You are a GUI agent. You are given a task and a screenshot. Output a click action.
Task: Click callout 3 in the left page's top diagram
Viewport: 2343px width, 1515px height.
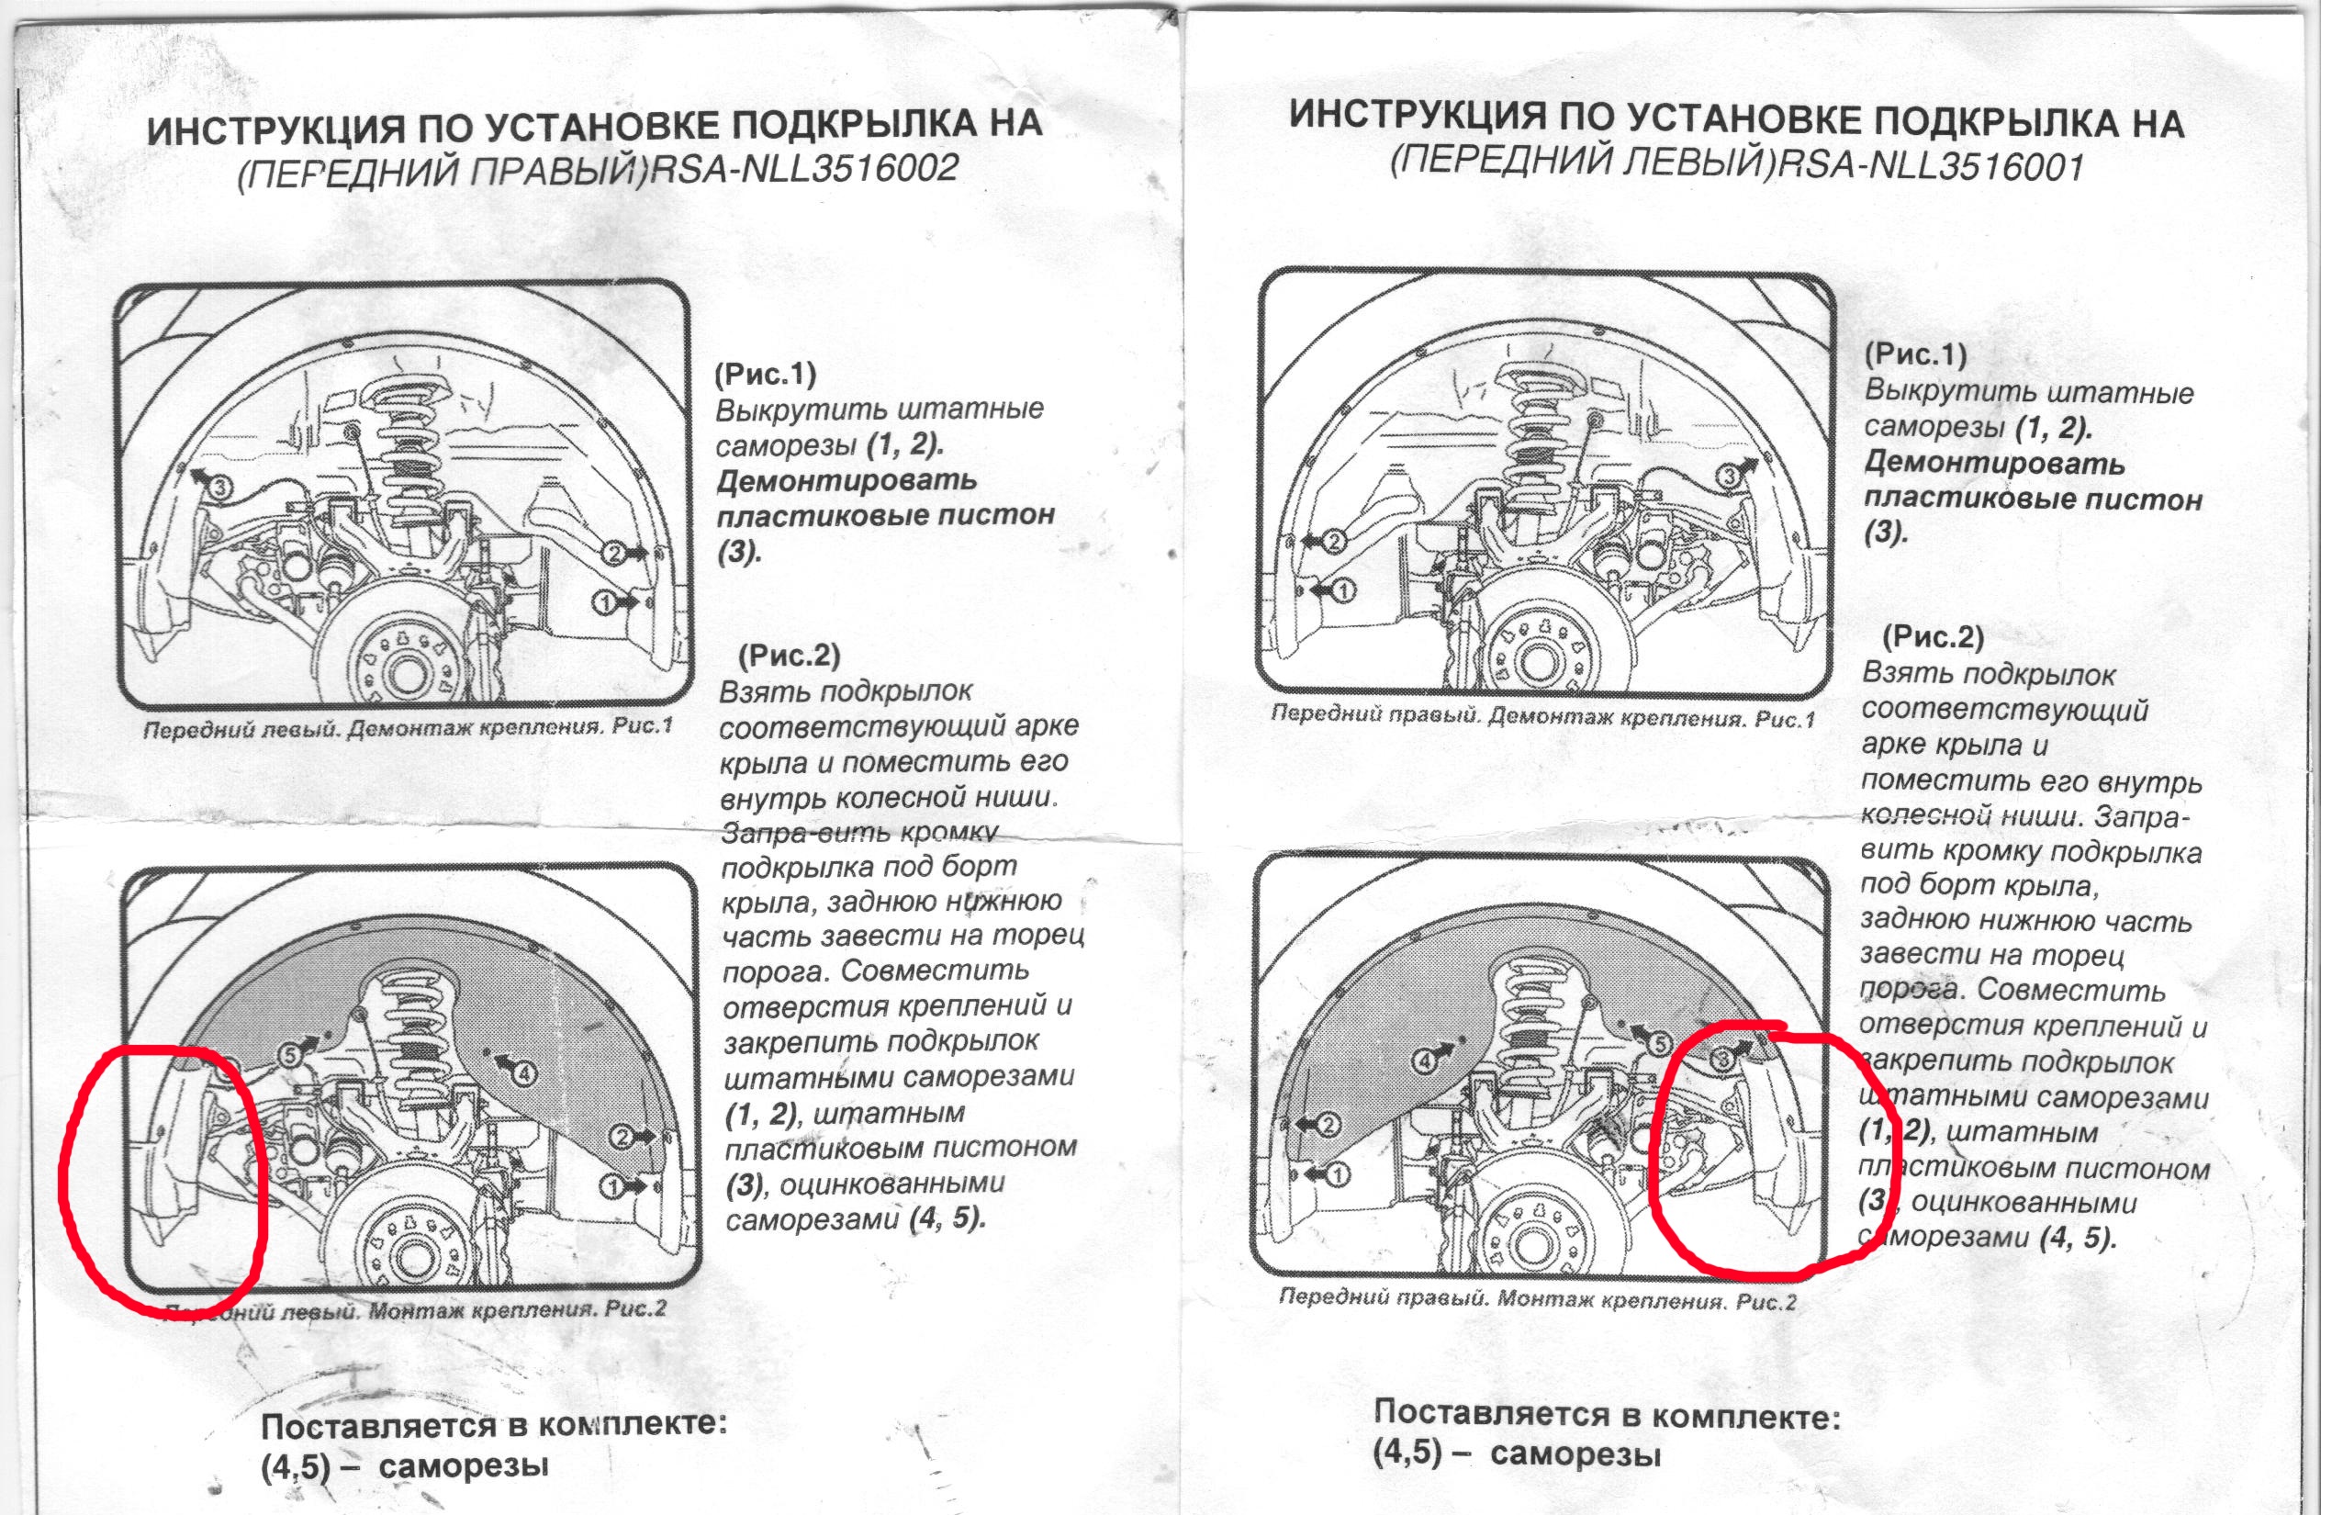point(220,486)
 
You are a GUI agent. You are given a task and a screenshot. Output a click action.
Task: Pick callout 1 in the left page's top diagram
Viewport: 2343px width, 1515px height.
point(605,599)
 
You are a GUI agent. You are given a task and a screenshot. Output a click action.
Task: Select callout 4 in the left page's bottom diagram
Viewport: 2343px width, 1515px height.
point(523,1072)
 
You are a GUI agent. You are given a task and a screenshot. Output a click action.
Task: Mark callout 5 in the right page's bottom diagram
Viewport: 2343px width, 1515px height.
point(1658,1044)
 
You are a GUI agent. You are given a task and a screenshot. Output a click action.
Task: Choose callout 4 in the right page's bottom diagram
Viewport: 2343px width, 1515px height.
point(1425,1061)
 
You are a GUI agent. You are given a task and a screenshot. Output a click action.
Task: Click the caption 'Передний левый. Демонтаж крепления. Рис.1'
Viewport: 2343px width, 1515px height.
point(409,729)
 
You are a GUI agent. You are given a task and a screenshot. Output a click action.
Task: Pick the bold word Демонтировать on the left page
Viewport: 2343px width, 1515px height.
point(846,480)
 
